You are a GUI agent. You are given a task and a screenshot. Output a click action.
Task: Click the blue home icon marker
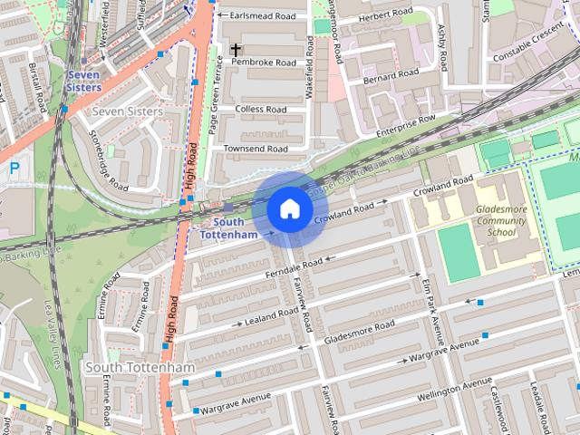(288, 209)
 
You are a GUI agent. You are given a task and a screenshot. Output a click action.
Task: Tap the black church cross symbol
(236, 50)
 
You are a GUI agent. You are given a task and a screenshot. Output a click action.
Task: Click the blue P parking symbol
(14, 168)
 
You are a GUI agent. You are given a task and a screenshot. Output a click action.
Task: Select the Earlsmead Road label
(263, 16)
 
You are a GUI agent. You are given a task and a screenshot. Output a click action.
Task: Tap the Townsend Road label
(256, 149)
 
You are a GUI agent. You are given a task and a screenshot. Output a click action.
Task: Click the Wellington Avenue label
(454, 392)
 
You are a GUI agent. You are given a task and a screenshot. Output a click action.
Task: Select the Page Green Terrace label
(216, 94)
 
